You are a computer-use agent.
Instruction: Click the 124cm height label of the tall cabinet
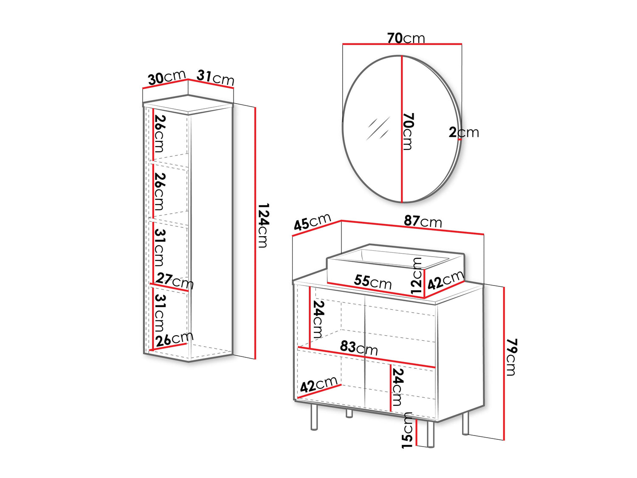(264, 225)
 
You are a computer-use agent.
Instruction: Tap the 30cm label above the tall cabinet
(166, 77)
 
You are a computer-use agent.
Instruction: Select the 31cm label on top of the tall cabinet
(215, 77)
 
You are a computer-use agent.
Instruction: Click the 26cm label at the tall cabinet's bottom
(175, 338)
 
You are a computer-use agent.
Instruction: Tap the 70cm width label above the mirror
(406, 38)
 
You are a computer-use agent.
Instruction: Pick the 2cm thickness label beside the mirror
(464, 132)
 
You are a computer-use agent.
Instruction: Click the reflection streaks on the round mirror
(378, 128)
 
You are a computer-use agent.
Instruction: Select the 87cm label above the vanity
(423, 221)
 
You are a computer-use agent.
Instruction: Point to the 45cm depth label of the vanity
(312, 221)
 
